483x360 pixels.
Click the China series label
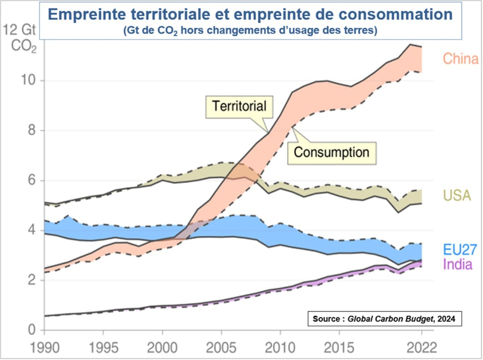click(x=460, y=59)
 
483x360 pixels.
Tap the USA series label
click(x=457, y=196)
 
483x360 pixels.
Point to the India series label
click(x=457, y=264)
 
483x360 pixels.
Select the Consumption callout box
click(x=331, y=152)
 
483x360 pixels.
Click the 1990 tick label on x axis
click(x=44, y=348)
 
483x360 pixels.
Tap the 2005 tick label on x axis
click(x=221, y=348)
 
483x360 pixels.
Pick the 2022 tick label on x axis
click(x=421, y=348)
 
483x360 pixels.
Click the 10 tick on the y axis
click(x=28, y=80)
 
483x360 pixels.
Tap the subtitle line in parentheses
click(x=250, y=30)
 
